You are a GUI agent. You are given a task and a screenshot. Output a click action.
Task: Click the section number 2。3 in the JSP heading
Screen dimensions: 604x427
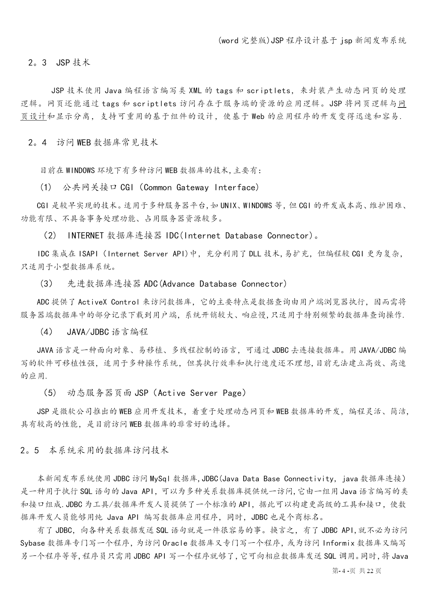click(37, 63)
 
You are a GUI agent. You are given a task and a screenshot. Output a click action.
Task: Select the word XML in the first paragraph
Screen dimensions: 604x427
click(195, 91)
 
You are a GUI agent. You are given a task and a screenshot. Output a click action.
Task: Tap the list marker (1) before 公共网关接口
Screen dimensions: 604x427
click(46, 188)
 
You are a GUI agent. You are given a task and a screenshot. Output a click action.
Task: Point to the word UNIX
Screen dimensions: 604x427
click(228, 206)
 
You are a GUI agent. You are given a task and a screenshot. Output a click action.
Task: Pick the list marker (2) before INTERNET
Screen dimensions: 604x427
click(50, 236)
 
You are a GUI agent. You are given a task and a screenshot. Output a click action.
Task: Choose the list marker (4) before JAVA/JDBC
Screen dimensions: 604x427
click(46, 332)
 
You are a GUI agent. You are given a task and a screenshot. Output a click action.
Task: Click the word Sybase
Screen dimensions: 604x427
click(33, 543)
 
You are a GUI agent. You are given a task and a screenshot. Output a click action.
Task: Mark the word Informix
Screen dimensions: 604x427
click(339, 543)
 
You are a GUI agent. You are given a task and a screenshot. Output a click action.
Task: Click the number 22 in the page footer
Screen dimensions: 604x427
click(370, 571)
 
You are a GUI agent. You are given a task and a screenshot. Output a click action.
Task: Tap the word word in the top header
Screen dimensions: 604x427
click(230, 41)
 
